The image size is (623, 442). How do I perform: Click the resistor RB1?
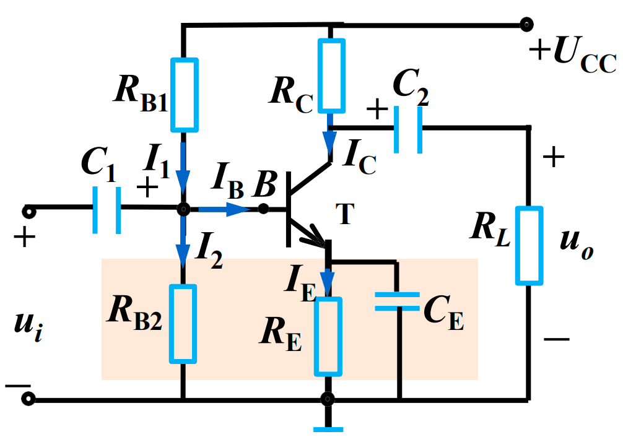[x=183, y=95]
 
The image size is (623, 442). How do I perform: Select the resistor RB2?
[x=183, y=323]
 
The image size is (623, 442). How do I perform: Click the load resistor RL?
[x=529, y=245]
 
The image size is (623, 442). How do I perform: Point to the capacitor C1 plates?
[x=107, y=210]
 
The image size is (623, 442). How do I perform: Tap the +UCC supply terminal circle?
[x=526, y=25]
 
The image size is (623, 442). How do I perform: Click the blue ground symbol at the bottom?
[x=328, y=428]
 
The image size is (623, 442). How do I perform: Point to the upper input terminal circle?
[x=28, y=212]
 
